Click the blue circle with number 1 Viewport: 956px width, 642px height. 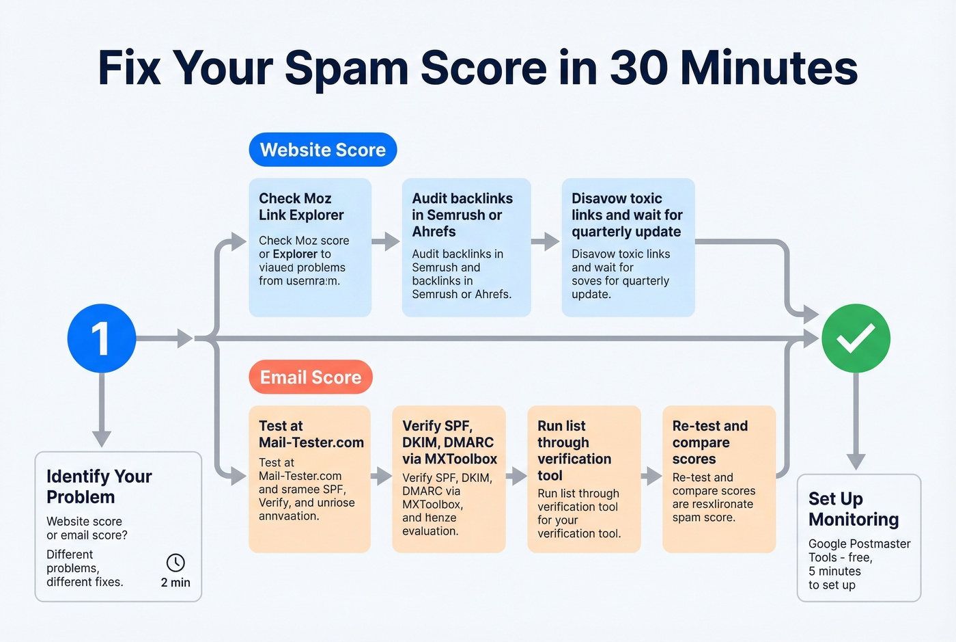point(102,338)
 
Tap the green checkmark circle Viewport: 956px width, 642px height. point(856,338)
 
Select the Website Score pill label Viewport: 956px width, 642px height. point(323,150)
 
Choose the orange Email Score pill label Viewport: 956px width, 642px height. point(311,377)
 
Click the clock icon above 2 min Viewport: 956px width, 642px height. point(175,563)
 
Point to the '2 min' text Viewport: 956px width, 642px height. point(175,583)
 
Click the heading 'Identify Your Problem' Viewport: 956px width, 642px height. point(99,486)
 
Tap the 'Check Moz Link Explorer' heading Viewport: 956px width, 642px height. point(301,206)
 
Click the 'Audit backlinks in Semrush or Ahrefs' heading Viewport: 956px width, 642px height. point(462,215)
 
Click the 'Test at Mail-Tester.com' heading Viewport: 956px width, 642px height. point(311,434)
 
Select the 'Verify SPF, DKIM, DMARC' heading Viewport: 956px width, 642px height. point(449,442)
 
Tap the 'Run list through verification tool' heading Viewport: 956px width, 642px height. point(574,451)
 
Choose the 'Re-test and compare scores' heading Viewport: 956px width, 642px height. point(709,442)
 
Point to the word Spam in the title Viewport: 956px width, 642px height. point(347,68)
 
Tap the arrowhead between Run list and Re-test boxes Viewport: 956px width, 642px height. point(653,476)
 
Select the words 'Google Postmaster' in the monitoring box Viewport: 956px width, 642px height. point(859,544)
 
